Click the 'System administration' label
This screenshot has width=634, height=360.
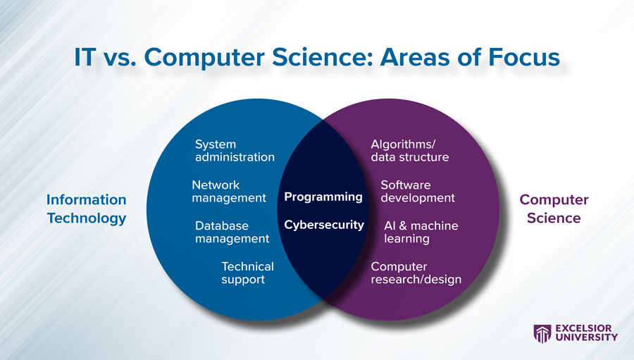pos(234,151)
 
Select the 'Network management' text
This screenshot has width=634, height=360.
pos(228,192)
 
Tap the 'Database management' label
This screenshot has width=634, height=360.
pos(232,232)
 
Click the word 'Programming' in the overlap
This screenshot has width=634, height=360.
pos(323,197)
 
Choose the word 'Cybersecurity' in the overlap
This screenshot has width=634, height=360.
pos(324,225)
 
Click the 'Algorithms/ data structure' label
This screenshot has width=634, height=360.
pos(409,151)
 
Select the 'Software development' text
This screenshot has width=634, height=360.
pos(417,192)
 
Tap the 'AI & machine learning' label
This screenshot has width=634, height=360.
pos(421,232)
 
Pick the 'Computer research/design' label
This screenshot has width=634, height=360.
pos(416,273)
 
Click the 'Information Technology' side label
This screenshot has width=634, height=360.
pos(87,209)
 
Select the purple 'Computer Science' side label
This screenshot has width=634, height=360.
pos(554,209)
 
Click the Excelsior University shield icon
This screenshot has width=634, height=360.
pos(542,333)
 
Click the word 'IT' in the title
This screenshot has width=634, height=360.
pos(87,58)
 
